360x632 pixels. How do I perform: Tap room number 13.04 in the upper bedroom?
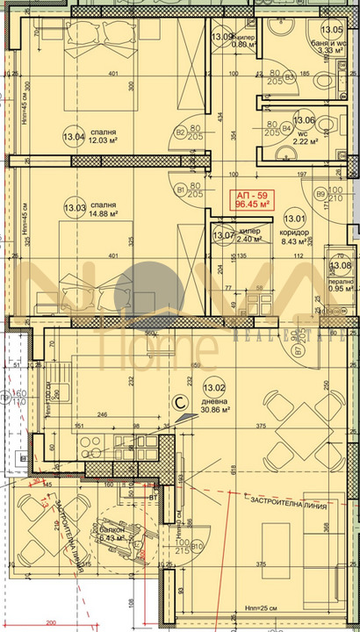pyautogui.click(x=74, y=137)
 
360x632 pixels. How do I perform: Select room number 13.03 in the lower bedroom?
pyautogui.click(x=75, y=208)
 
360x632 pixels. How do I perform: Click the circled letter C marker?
pyautogui.click(x=179, y=403)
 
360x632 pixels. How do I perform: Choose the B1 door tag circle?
pyautogui.click(x=181, y=188)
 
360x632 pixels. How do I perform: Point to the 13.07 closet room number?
pyautogui.click(x=223, y=234)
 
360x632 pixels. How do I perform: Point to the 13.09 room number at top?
pyautogui.click(x=222, y=37)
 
